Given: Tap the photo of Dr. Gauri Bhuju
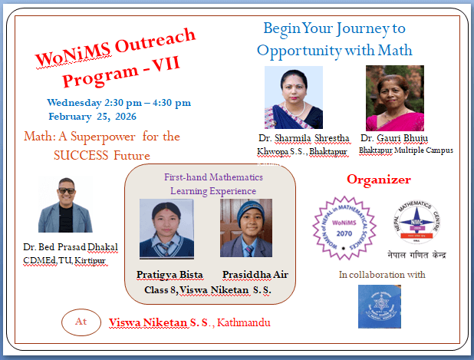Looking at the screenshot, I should coord(395,97).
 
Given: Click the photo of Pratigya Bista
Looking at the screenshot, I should coord(166,228).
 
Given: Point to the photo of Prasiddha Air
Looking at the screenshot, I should coord(245,228).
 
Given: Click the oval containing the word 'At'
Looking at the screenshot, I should coord(81,322).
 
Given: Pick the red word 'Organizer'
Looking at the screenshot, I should coord(379,180).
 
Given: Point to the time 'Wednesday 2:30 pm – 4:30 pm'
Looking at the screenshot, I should coord(119,102).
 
